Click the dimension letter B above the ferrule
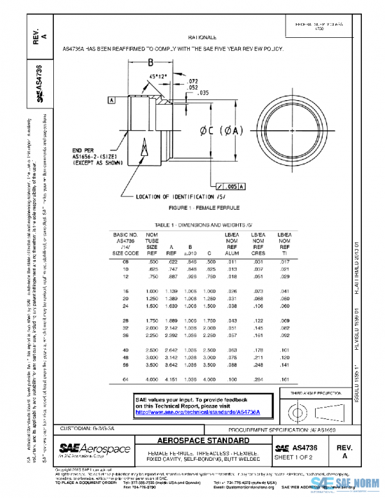click(150, 63)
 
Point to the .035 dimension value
click(203, 93)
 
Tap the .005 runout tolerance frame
click(229, 185)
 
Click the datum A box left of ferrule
click(112, 101)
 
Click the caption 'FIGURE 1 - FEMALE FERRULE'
click(203, 209)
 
